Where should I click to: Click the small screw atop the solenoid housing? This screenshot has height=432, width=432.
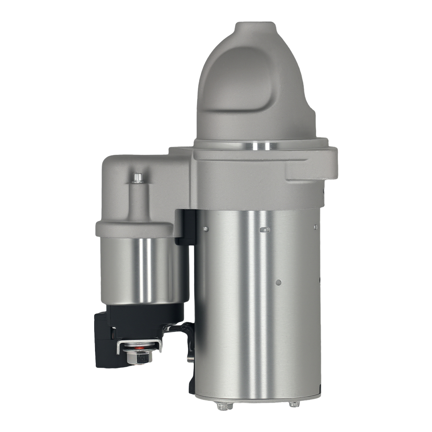pyautogui.click(x=137, y=178)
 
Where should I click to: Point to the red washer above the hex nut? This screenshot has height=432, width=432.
pyautogui.click(x=139, y=346)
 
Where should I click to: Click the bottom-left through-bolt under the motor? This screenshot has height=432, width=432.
pyautogui.click(x=223, y=406)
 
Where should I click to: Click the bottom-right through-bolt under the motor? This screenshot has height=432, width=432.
pyautogui.click(x=294, y=404)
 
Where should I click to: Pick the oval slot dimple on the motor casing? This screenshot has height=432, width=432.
pyautogui.click(x=265, y=230)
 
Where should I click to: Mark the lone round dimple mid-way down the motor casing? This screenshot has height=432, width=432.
pyautogui.click(x=278, y=283)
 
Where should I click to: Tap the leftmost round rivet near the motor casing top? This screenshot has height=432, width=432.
pyautogui.click(x=206, y=229)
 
